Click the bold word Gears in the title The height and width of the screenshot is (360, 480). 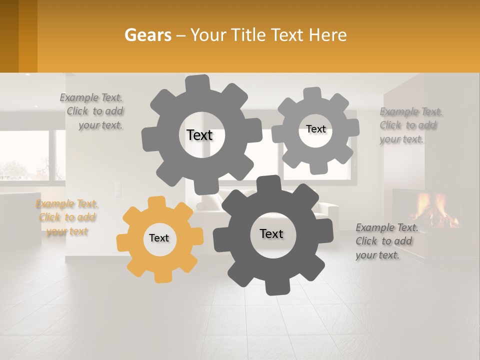(x=147, y=35)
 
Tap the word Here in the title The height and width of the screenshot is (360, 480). (x=328, y=35)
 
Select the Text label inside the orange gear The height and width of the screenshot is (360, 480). (x=159, y=238)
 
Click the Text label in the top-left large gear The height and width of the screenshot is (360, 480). (x=199, y=135)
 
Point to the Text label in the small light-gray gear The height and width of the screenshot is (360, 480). (x=315, y=129)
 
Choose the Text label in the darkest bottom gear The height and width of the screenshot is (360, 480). (x=271, y=233)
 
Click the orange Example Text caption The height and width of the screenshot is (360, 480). (x=67, y=217)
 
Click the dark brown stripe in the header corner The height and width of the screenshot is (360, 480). (x=9, y=36)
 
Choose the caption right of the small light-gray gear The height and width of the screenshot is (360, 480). (x=410, y=125)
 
